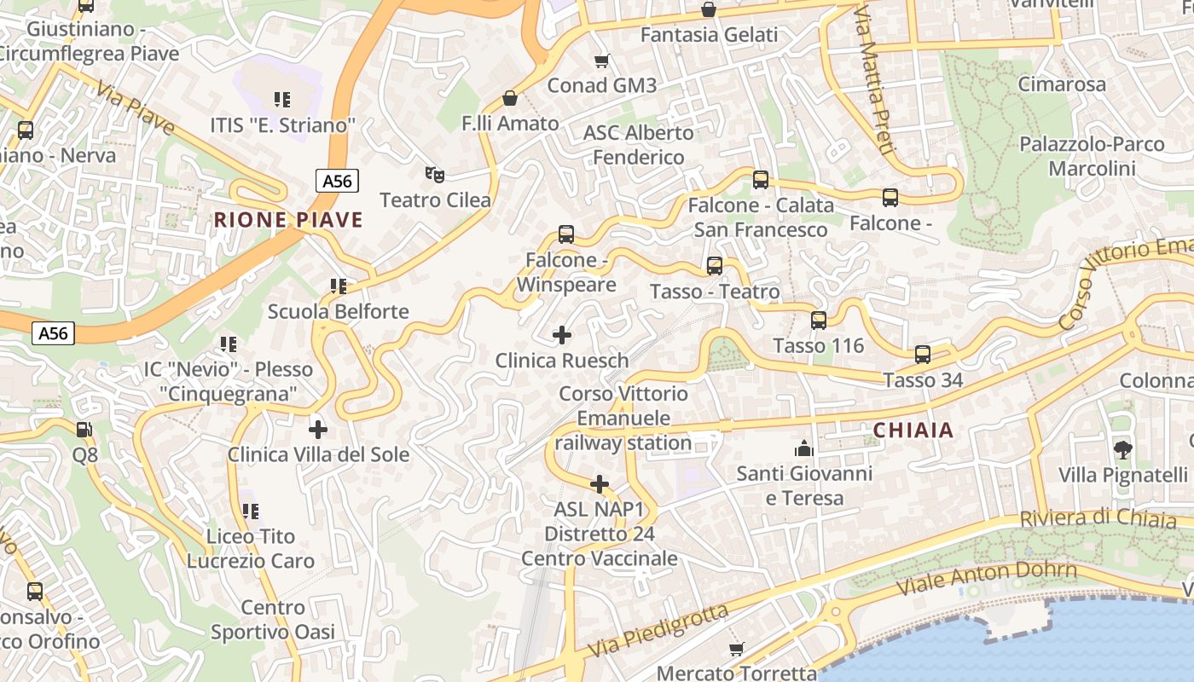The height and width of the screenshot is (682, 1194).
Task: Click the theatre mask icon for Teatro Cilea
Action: click(435, 175)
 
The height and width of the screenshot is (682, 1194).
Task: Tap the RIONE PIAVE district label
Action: click(288, 220)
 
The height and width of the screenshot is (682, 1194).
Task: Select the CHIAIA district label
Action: click(913, 431)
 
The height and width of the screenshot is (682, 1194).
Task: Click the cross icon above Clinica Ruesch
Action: click(562, 335)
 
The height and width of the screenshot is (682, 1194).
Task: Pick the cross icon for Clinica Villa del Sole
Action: click(318, 429)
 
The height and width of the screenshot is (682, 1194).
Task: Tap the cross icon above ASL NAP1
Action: click(600, 484)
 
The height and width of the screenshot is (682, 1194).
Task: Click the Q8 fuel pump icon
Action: click(84, 430)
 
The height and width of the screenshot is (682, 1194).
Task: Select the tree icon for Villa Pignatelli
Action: click(1122, 449)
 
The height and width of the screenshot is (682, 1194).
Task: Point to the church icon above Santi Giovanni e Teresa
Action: click(803, 448)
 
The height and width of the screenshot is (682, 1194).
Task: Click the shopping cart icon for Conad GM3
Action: click(602, 61)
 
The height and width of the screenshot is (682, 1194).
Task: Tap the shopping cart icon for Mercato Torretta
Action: click(737, 649)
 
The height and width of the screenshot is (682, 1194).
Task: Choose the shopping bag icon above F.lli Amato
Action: click(510, 98)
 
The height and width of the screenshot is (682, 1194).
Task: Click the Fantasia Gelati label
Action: click(709, 35)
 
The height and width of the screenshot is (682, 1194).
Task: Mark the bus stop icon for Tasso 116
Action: click(819, 321)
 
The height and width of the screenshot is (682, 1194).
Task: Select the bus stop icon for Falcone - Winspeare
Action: click(565, 234)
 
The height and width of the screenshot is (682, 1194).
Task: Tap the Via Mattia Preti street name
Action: click(874, 81)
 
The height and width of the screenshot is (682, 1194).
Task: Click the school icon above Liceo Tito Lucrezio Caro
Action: click(251, 511)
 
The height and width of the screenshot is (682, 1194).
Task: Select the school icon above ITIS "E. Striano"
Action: click(282, 100)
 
